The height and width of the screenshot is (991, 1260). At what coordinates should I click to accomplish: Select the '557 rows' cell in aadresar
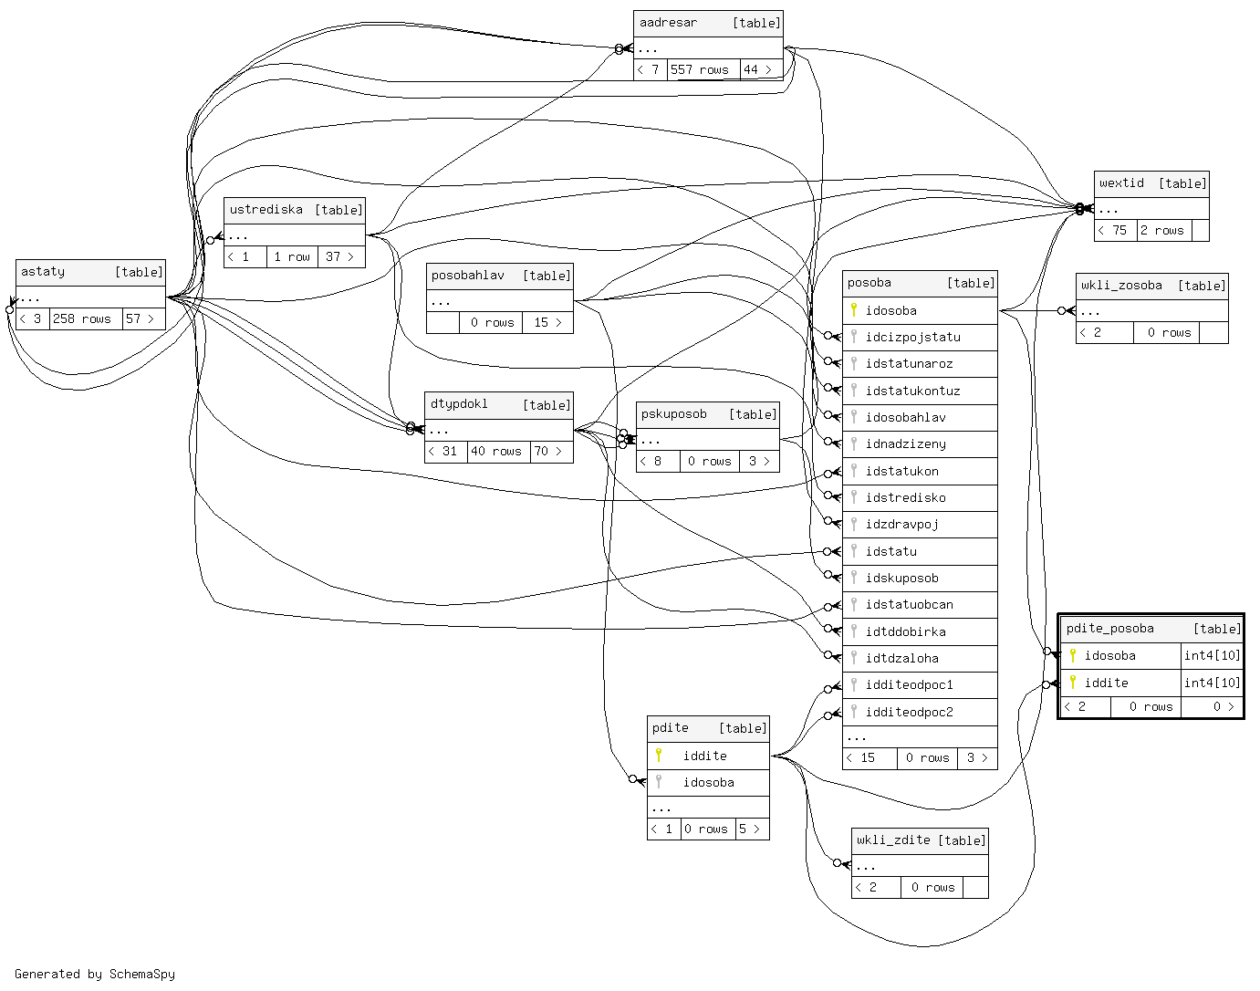pyautogui.click(x=700, y=69)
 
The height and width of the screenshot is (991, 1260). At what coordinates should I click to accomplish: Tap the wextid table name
pyautogui.click(x=1121, y=183)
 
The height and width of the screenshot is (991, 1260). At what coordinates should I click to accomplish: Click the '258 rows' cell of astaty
pyautogui.click(x=82, y=318)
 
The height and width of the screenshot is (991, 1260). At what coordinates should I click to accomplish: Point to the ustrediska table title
pyautogui.click(x=266, y=210)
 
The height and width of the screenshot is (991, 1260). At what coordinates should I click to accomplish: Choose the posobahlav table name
pyautogui.click(x=467, y=276)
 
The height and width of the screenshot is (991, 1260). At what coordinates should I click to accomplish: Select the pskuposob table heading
pyautogui.click(x=673, y=414)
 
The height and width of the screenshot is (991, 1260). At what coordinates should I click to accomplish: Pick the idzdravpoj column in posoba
pyautogui.click(x=901, y=524)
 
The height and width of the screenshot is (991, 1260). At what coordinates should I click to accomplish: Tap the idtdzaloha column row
pyautogui.click(x=901, y=658)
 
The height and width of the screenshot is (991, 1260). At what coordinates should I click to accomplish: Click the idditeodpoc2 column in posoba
pyautogui.click(x=909, y=712)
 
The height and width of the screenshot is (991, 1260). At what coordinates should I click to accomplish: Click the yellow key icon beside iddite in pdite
pyautogui.click(x=659, y=756)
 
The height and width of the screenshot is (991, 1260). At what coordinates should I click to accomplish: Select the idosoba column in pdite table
pyautogui.click(x=708, y=782)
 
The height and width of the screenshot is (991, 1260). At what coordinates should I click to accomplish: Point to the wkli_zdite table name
pyautogui.click(x=893, y=840)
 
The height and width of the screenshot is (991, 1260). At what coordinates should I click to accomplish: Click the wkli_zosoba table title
pyautogui.click(x=1121, y=286)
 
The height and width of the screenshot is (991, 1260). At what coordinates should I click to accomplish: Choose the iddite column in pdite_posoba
pyautogui.click(x=1106, y=683)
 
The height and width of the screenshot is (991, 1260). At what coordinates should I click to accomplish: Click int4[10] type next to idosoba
pyautogui.click(x=1212, y=655)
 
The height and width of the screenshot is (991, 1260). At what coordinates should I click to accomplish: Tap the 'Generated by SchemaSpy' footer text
pyautogui.click(x=95, y=974)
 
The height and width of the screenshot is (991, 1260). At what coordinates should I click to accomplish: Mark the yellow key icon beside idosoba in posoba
pyautogui.click(x=854, y=310)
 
